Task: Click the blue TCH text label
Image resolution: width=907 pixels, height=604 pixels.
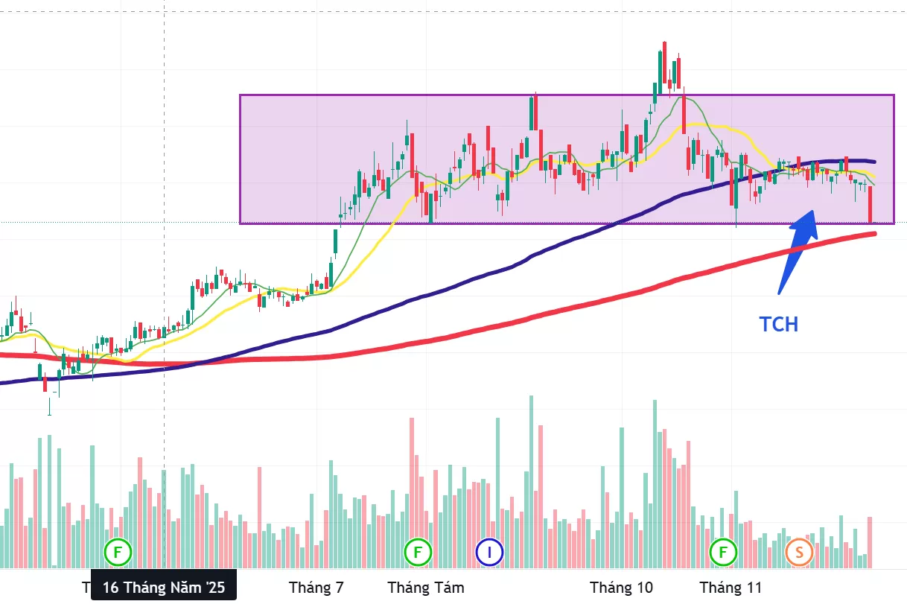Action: [778, 324]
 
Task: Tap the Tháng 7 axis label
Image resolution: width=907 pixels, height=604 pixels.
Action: [316, 588]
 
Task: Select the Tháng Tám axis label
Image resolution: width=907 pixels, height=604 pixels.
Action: [425, 588]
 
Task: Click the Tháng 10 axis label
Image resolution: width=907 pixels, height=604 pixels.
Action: [621, 588]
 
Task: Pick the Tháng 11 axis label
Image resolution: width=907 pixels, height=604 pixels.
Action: [730, 588]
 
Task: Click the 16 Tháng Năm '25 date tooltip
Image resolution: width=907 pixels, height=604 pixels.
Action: [163, 587]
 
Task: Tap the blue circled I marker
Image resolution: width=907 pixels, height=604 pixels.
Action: [489, 552]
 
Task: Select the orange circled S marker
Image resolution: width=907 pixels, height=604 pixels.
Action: [799, 552]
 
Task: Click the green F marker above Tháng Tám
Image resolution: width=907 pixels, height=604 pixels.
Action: [418, 552]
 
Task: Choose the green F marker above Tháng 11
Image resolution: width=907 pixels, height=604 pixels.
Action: [722, 552]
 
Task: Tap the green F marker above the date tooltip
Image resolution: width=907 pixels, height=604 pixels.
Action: [117, 552]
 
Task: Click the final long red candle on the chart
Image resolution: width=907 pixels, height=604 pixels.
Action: [870, 204]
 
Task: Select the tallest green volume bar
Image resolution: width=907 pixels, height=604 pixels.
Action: [531, 480]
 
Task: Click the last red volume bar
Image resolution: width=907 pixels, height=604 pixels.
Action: [869, 542]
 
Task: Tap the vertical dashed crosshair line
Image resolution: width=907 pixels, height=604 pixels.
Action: [164, 149]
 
